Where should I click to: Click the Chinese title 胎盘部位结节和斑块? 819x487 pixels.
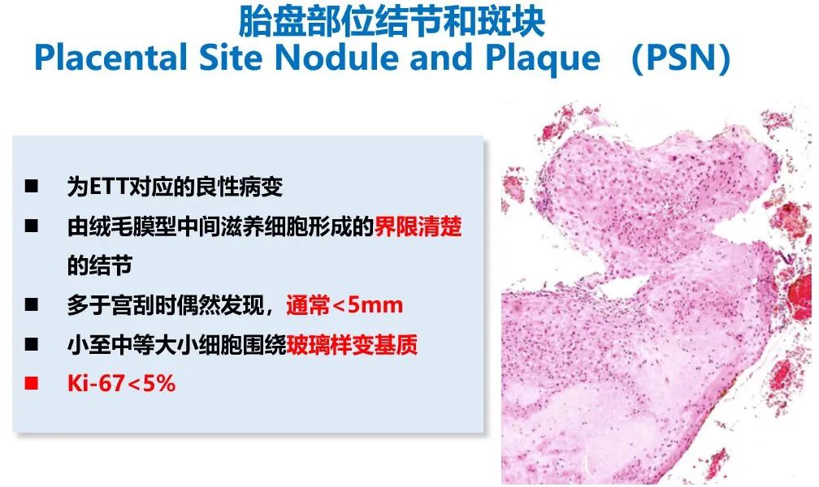392,22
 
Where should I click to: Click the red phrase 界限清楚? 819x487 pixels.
418,227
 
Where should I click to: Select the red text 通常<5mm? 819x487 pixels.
344,306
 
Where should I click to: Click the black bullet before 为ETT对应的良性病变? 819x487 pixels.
32,187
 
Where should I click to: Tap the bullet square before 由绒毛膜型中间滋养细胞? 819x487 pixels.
32,227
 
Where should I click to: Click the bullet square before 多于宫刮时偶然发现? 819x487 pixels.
32,306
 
